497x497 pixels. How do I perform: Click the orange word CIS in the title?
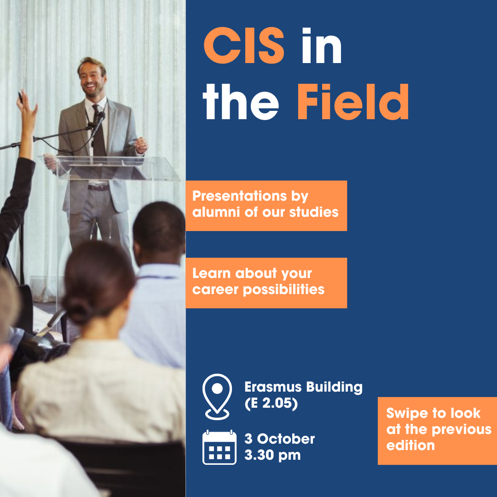click(243, 45)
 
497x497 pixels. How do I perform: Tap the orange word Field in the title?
click(353, 102)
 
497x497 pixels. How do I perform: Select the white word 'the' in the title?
click(241, 102)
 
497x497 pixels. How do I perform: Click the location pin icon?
click(217, 397)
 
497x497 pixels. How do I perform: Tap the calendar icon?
click(220, 447)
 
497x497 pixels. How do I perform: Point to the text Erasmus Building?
click(303, 387)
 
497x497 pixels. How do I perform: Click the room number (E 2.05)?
click(271, 403)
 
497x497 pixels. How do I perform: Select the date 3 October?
click(279, 439)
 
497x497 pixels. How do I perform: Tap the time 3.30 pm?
click(272, 455)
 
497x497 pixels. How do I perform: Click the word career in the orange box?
click(215, 290)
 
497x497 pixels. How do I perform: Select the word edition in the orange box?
click(410, 445)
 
